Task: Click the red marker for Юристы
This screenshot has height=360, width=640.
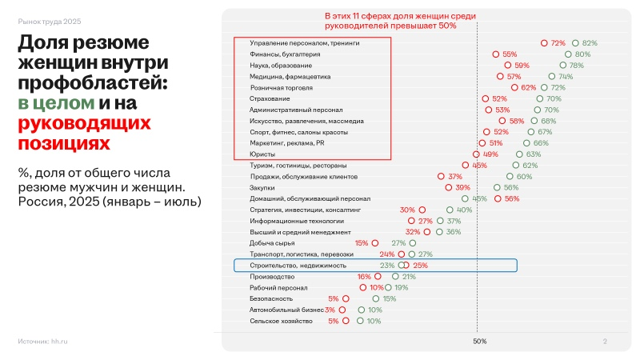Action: point(476,154)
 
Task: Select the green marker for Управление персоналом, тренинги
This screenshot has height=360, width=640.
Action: point(575,42)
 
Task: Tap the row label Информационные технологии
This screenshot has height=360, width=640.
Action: point(297,220)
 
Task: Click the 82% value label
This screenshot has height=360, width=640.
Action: point(590,42)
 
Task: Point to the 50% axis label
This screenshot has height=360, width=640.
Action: point(479,342)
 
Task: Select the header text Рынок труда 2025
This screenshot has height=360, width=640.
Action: point(49,21)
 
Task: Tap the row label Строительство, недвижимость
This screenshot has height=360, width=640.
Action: point(298,265)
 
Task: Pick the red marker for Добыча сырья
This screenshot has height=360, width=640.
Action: point(374,242)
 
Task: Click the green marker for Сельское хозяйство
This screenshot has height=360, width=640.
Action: point(359,321)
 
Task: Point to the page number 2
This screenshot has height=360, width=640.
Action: point(605,342)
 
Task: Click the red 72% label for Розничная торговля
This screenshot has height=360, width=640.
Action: point(529,87)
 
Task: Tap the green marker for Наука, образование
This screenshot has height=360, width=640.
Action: point(563,65)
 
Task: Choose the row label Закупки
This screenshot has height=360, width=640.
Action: point(263,187)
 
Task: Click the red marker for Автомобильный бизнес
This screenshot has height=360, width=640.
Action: point(342,310)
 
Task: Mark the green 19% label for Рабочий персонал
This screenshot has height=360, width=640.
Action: point(402,287)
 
